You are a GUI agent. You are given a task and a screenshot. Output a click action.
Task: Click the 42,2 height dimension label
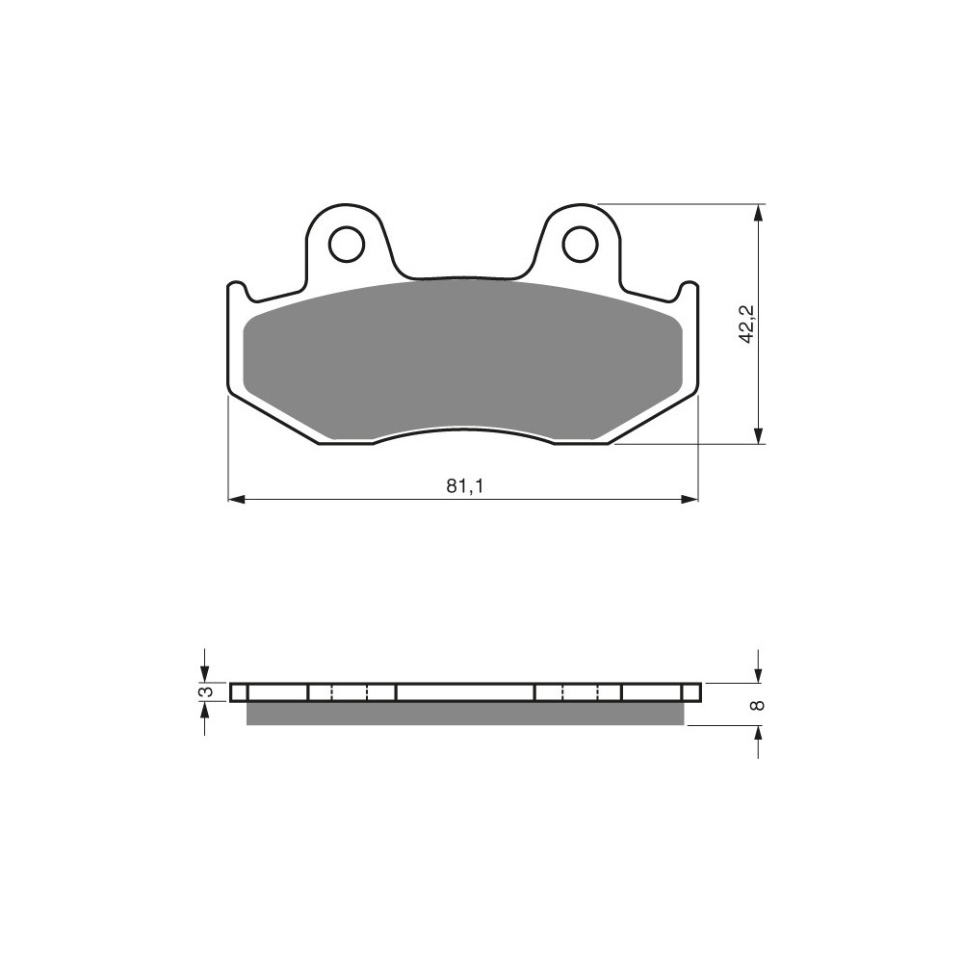coord(747,324)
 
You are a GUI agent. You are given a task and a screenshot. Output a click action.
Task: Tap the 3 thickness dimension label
coord(207,691)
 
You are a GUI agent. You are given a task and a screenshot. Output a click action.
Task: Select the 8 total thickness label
coord(758,705)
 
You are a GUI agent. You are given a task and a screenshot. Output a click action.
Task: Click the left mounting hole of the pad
coord(347,245)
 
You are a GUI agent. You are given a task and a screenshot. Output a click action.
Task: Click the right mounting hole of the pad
coord(580,245)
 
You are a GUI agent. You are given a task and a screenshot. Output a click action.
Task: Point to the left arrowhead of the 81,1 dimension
coord(237,500)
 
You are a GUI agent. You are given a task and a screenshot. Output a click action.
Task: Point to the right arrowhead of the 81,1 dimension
coord(690,500)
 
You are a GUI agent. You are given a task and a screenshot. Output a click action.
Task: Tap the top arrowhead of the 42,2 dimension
coord(760,213)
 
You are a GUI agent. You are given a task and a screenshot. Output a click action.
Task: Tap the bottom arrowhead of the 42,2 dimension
coord(760,434)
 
